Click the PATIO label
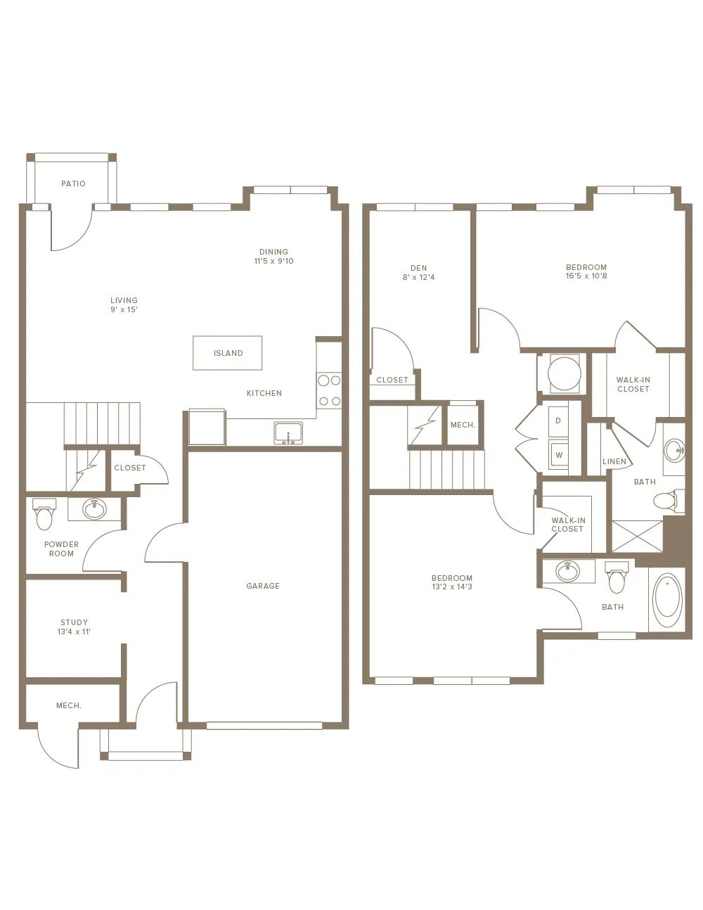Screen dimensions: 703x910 point(73,184)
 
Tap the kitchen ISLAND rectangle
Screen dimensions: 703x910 point(227,353)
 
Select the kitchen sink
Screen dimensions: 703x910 point(288,432)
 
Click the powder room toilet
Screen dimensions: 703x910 point(44,513)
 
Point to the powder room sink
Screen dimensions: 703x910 point(95,509)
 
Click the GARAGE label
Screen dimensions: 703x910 point(263,586)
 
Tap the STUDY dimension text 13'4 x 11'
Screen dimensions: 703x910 point(74,632)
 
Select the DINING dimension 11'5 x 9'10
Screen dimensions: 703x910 point(273,261)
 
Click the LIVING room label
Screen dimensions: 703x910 point(124,300)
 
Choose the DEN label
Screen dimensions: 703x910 point(418,268)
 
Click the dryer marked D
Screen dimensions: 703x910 point(558,421)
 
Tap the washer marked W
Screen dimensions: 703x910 point(558,455)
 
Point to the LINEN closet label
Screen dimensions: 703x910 point(614,461)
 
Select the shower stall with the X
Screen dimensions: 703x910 point(638,536)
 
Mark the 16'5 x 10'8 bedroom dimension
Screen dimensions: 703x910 point(586,276)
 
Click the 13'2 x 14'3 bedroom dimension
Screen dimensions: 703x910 point(452,587)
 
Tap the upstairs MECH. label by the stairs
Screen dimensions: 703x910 point(463,425)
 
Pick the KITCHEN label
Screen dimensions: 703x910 point(264,393)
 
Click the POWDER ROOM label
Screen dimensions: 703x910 point(62,549)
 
